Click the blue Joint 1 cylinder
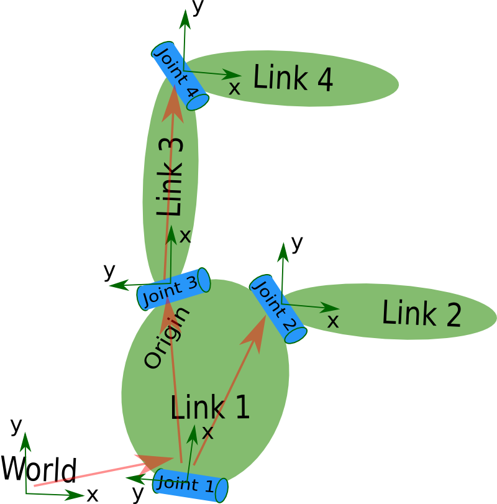[x=189, y=485]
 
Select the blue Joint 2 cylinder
[x=278, y=308]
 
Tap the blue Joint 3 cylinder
[x=173, y=289]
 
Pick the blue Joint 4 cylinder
[x=180, y=76]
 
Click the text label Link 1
[x=210, y=408]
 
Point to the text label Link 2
[x=421, y=313]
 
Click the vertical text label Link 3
[x=170, y=177]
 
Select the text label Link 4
[x=293, y=79]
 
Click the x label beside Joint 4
[x=234, y=88]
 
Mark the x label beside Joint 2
[x=333, y=321]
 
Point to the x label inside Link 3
[x=185, y=236]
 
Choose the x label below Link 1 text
[x=207, y=433]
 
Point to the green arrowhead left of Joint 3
[x=115, y=286]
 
